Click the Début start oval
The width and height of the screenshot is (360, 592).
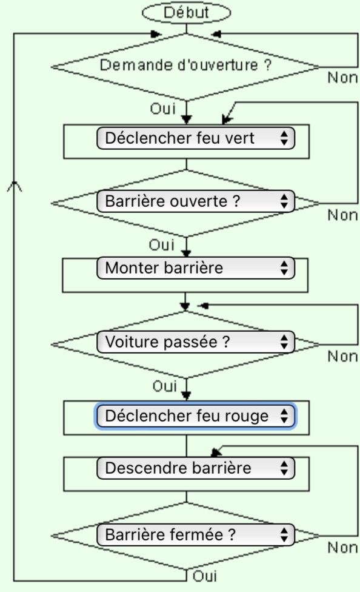click(x=186, y=13)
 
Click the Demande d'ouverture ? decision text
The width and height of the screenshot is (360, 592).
click(x=185, y=65)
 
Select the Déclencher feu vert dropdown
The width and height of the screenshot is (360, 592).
click(x=196, y=138)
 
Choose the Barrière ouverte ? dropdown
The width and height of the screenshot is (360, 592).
click(x=196, y=201)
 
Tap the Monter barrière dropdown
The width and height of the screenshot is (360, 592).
click(x=196, y=268)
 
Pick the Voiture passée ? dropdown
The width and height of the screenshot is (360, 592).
click(x=196, y=342)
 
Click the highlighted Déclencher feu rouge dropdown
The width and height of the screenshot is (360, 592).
click(x=196, y=416)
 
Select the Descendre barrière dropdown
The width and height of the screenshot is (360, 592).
click(x=196, y=468)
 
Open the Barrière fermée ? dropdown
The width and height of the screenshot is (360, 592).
click(x=196, y=534)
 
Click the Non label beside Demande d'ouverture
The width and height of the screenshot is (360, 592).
click(x=342, y=78)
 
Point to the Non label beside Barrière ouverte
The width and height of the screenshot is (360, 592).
click(x=342, y=215)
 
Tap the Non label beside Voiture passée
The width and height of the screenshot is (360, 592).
click(x=342, y=357)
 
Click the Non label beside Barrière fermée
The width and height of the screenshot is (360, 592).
click(x=342, y=548)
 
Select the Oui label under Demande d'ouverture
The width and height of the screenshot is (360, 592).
click(x=163, y=109)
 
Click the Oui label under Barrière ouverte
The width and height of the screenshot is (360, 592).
click(x=161, y=245)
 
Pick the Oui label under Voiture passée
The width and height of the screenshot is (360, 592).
click(x=164, y=386)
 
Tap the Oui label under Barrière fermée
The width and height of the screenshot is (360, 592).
click(x=204, y=576)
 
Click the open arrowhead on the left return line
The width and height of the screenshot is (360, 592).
click(x=15, y=186)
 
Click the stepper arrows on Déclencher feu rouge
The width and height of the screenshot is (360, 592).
click(x=284, y=416)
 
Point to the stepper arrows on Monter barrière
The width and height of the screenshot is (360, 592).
click(x=284, y=268)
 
